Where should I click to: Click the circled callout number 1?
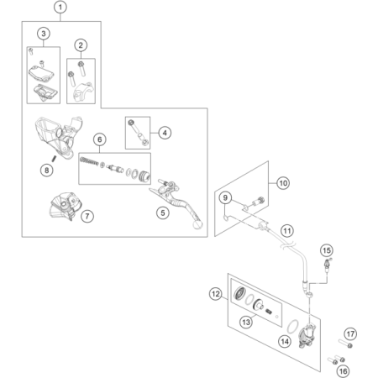[60, 7]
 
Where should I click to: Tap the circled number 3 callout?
[44, 34]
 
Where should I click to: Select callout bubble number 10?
[283, 183]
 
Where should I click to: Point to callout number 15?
[327, 250]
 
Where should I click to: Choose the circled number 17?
[350, 333]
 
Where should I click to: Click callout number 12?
[216, 294]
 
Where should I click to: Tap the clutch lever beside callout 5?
[177, 203]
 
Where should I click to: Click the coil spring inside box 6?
[89, 161]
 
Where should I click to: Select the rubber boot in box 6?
[144, 176]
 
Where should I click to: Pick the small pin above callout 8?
[55, 158]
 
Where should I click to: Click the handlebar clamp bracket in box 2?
[84, 92]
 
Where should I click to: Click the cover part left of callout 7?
[65, 206]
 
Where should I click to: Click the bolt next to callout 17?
[345, 344]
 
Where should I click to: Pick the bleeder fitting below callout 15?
[327, 265]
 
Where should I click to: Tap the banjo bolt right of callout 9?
[258, 201]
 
